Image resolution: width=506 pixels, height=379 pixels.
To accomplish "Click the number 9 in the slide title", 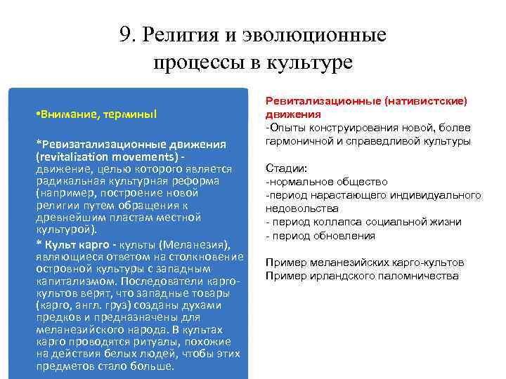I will pyautogui.click(x=125, y=35).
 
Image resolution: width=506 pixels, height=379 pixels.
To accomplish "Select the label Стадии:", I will pyautogui.click(x=286, y=169).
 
